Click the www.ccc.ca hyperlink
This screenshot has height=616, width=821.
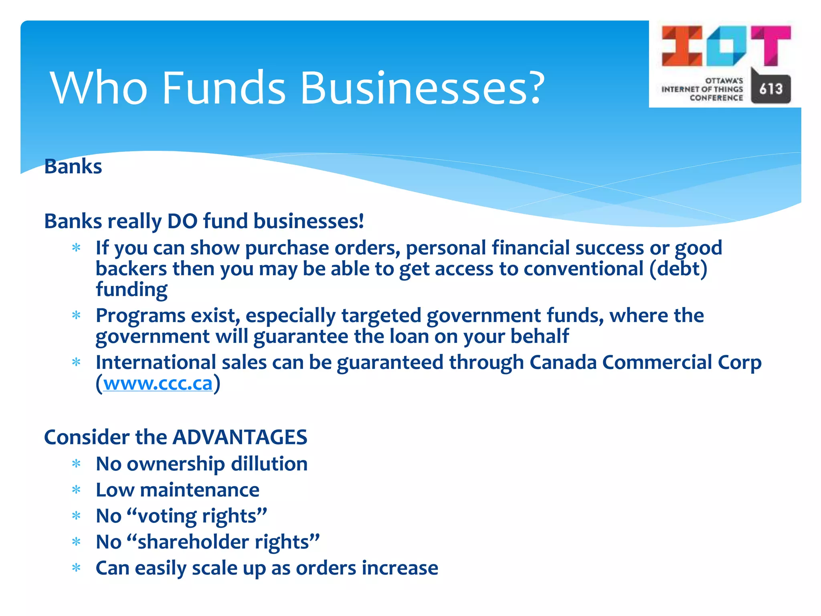(x=158, y=384)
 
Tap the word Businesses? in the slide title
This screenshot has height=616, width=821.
(x=422, y=88)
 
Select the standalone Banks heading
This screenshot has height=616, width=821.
(x=73, y=166)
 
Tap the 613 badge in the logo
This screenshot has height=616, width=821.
(x=770, y=89)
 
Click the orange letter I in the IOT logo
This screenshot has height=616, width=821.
(x=682, y=46)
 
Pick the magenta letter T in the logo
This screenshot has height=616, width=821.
(x=771, y=45)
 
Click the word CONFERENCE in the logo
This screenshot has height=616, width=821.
(x=716, y=98)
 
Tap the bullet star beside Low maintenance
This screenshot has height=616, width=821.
(x=76, y=490)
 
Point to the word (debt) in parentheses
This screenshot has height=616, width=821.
(x=678, y=269)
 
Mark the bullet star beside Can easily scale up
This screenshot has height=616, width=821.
(x=76, y=568)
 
